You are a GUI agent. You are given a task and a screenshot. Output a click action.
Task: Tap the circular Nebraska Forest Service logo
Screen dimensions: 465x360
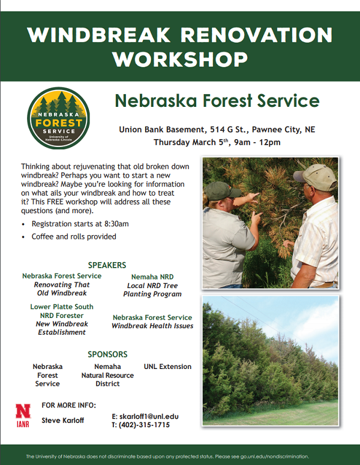(x=59, y=118)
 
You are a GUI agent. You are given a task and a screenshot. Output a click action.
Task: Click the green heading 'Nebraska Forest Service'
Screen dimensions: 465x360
(x=217, y=100)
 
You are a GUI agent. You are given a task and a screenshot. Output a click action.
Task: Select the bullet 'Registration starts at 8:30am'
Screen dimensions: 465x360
(x=80, y=224)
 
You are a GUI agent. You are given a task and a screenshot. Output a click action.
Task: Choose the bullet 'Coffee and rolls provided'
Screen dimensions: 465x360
(x=74, y=236)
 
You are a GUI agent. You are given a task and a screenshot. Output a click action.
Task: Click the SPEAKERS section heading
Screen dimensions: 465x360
(x=107, y=265)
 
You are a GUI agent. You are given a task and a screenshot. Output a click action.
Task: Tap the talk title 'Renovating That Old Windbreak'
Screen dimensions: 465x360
(x=61, y=289)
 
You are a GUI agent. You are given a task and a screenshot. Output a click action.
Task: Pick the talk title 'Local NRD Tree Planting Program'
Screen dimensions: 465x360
(x=152, y=290)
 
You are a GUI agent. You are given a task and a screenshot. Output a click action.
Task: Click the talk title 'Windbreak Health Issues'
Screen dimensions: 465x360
(x=152, y=326)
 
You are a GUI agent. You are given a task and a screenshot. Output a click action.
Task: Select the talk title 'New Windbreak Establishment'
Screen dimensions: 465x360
(x=62, y=328)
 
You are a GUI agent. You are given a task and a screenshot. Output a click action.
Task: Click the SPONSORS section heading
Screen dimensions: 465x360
(x=107, y=354)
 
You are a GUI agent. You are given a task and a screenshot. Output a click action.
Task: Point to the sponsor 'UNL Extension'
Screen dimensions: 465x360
(x=167, y=367)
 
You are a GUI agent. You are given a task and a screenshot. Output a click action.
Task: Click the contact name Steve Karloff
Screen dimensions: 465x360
(x=63, y=421)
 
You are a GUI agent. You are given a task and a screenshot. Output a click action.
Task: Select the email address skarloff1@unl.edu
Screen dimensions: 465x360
(x=145, y=416)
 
